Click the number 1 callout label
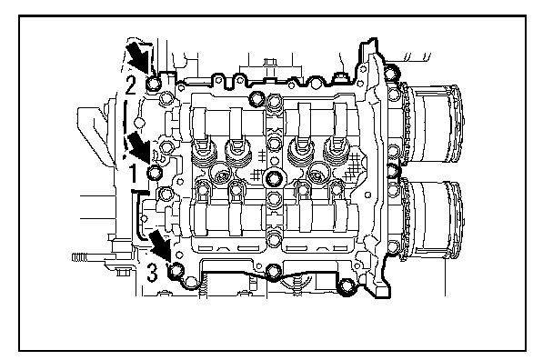(133, 174)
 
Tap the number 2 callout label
(130, 85)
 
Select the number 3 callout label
(152, 273)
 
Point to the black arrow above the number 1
(139, 147)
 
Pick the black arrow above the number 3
(160, 245)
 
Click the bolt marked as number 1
(155, 173)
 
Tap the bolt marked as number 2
(154, 84)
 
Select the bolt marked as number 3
(176, 271)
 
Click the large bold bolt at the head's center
(273, 179)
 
